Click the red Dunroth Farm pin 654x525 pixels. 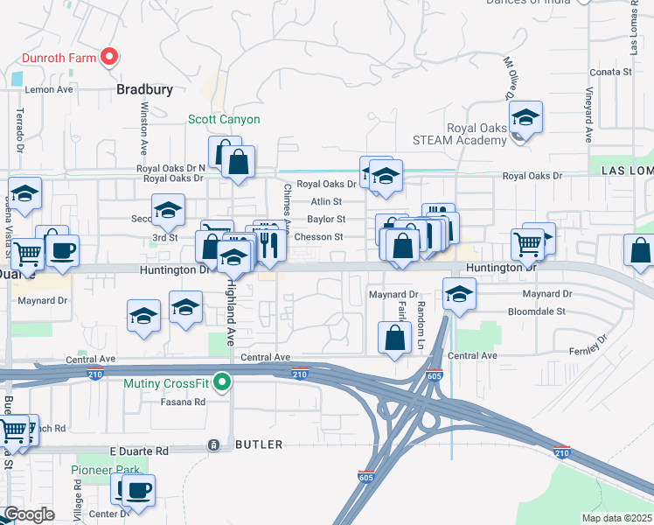click(109, 58)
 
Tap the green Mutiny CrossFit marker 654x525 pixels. click(223, 381)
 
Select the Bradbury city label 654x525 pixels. click(145, 89)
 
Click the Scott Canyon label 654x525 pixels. click(224, 119)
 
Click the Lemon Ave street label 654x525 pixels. click(49, 89)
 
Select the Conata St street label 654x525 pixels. click(610, 72)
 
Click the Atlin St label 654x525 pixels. click(326, 201)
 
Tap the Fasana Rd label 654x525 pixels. click(183, 402)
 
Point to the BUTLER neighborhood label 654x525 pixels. click(259, 444)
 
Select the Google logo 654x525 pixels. click(29, 514)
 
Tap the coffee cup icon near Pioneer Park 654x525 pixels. click(139, 490)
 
